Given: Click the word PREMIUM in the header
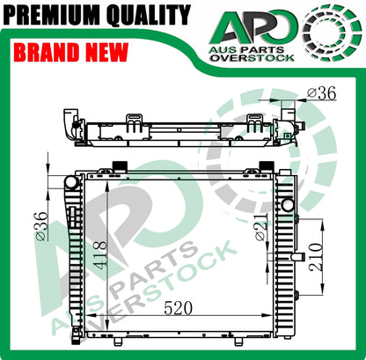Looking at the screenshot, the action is (53, 14).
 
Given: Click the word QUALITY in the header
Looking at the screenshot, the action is (149, 14).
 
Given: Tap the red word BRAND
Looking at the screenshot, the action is (47, 52).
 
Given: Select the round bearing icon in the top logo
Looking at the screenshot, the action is (332, 31).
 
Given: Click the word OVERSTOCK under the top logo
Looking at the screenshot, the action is (253, 58).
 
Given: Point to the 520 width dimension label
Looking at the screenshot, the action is (178, 308).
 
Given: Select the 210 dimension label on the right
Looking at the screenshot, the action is (316, 257).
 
